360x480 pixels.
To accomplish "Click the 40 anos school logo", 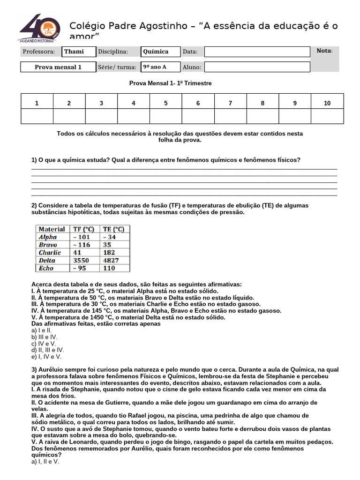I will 40,28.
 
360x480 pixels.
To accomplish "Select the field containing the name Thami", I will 79,52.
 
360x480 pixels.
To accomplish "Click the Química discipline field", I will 161,52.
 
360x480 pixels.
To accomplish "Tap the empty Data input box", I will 257,52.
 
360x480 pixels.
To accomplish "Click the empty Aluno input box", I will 257,67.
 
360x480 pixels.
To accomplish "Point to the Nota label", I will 324,51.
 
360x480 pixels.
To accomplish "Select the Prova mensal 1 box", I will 58,67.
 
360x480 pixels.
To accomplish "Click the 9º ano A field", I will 161,67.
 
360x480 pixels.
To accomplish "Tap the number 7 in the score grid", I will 230,103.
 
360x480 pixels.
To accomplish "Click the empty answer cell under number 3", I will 101,116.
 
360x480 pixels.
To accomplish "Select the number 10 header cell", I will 327,103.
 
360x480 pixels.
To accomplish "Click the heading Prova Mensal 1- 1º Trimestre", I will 171,83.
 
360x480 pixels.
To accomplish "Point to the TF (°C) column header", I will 84,229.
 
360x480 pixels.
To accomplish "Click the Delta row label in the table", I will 47,260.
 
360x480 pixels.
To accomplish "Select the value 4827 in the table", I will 111,260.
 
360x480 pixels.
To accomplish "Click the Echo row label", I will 46,268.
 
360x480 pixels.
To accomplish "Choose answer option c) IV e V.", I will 44,344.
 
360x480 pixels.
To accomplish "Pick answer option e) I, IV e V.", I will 47,356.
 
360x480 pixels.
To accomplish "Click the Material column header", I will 52,229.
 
